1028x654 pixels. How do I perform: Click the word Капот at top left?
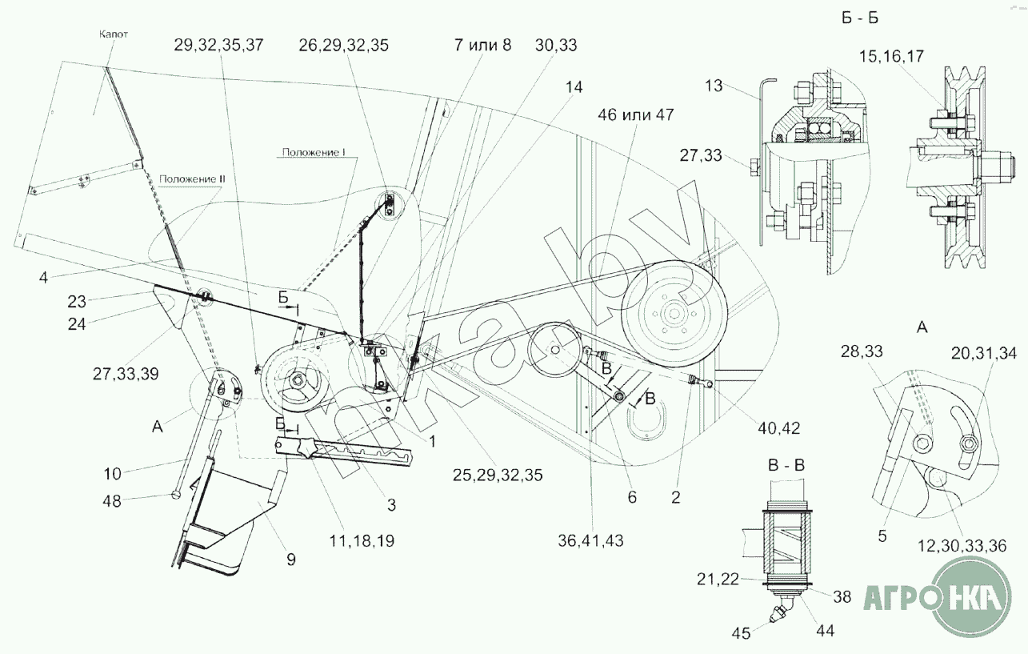coord(114,34)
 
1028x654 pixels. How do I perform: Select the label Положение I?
coord(314,152)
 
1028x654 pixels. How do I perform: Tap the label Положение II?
coord(192,179)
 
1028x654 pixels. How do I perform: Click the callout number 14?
coord(574,86)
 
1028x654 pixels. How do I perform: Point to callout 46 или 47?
coord(636,114)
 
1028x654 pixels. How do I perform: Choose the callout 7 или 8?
coord(482,45)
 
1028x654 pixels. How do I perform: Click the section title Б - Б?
coord(860,18)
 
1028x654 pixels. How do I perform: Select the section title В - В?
coord(786,465)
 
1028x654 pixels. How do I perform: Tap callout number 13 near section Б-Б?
coord(714,86)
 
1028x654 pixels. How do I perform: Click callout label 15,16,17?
coord(891,57)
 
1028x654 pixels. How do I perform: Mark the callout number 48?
coord(112,501)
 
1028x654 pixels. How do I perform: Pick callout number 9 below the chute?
coord(291,560)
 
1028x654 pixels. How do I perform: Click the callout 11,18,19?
coord(362,541)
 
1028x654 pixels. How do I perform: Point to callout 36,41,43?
coord(590,541)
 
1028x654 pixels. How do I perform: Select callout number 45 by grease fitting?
coord(741,633)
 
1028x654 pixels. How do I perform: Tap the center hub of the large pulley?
coord(674,314)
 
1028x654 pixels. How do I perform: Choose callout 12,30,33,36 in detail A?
coord(962,546)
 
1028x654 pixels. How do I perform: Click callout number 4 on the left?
coord(43,278)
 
